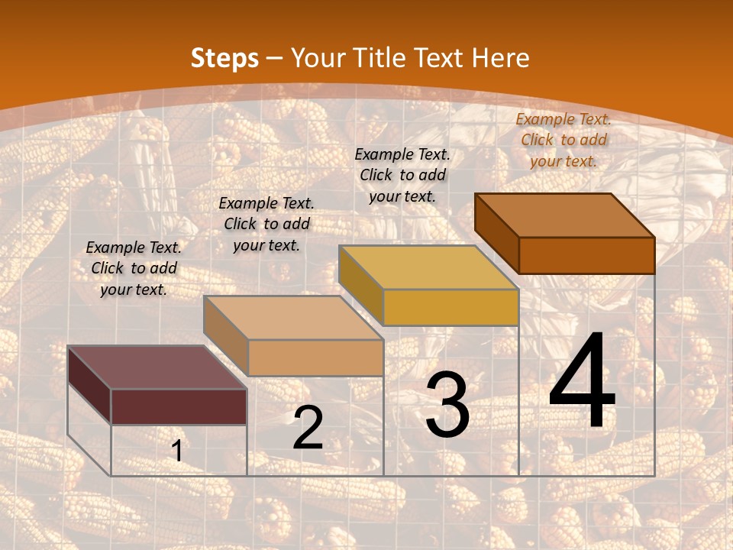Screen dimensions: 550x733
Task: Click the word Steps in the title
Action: point(224,59)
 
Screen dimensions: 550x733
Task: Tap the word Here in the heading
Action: point(500,58)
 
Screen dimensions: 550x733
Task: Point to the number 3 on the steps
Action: point(447,405)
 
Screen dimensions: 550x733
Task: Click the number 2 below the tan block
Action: point(308,428)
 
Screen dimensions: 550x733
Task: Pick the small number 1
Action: point(177,451)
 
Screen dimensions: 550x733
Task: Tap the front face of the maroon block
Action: point(179,406)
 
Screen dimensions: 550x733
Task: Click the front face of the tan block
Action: point(315,357)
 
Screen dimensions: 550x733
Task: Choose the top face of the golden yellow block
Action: point(428,267)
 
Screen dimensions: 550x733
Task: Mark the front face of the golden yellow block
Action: point(450,307)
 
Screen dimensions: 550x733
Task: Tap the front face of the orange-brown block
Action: point(586,255)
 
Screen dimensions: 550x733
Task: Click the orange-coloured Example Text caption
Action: point(563,140)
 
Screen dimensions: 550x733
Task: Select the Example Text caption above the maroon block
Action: point(134,268)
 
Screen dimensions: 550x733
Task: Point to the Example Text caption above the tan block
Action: point(266,224)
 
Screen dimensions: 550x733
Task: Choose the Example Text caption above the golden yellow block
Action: point(402,175)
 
